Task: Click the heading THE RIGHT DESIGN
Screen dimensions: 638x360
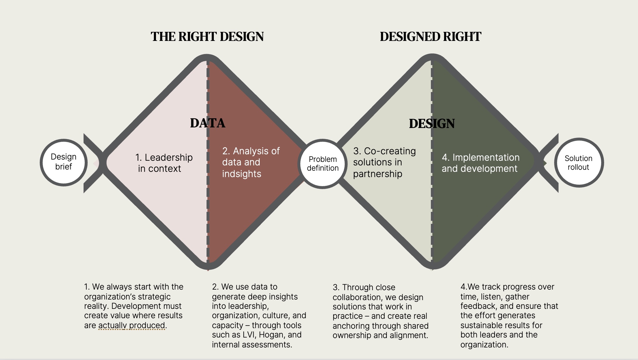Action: click(x=207, y=37)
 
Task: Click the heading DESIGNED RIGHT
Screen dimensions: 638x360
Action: click(x=431, y=37)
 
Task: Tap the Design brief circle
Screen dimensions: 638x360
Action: click(x=64, y=162)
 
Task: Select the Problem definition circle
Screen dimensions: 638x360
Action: click(x=323, y=164)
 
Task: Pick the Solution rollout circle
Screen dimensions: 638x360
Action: click(x=579, y=162)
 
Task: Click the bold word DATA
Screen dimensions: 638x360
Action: click(x=208, y=123)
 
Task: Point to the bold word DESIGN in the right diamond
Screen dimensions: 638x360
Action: click(x=432, y=124)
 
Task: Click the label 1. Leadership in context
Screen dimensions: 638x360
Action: click(x=164, y=163)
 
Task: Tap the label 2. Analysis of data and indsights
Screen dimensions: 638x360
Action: click(x=251, y=162)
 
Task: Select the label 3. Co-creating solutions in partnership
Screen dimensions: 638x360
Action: click(x=384, y=162)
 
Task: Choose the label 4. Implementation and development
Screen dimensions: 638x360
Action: click(x=481, y=163)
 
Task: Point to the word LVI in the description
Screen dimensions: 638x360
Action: click(x=249, y=335)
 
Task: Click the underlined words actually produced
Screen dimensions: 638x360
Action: click(x=132, y=325)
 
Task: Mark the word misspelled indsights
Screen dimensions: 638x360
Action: click(x=242, y=174)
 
